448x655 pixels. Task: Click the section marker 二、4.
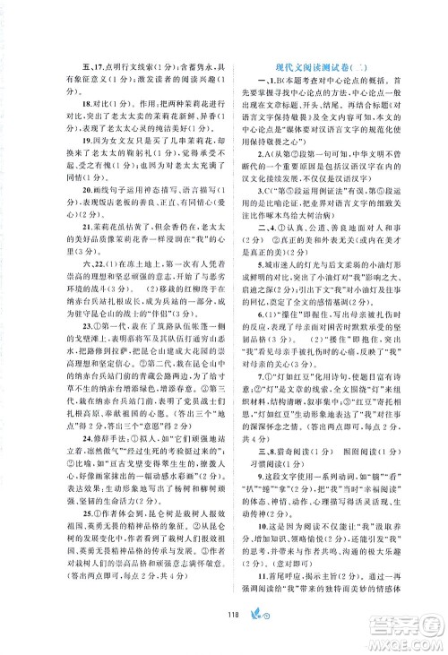click(254, 253)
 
